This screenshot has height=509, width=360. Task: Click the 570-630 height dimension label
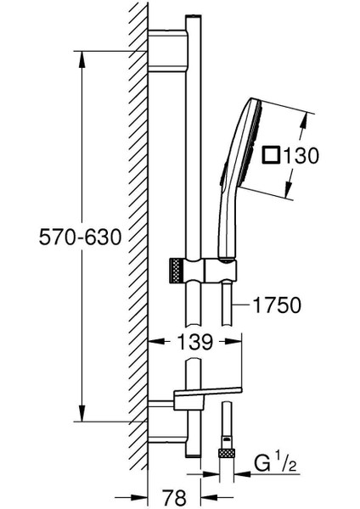80,237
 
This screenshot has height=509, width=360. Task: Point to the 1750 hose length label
277,305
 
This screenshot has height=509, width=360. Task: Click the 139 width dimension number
195,341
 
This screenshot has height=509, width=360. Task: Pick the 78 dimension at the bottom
174,496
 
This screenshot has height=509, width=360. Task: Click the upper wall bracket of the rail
167,50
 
